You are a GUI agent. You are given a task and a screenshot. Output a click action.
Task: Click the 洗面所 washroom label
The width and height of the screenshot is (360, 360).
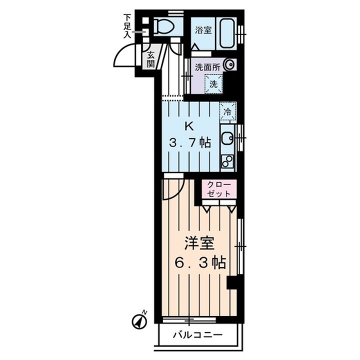pos(207,65)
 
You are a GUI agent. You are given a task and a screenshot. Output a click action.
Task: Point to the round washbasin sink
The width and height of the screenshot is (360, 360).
pos(229,64)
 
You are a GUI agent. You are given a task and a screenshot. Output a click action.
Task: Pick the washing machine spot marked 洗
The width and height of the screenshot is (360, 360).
pos(213,84)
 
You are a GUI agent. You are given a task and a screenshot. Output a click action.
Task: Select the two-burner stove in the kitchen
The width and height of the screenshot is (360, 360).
pos(227,161)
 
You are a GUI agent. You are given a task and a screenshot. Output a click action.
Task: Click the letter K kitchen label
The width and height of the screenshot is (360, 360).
pos(189,125)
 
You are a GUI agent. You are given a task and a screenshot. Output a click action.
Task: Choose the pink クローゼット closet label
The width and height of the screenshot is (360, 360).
pos(218,188)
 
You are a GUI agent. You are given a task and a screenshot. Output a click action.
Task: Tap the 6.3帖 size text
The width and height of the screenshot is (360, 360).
pos(199,262)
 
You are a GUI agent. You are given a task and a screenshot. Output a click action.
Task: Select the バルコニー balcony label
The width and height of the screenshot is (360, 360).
pos(197,334)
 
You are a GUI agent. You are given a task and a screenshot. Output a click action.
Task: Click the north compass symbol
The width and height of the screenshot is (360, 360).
pos(139,321)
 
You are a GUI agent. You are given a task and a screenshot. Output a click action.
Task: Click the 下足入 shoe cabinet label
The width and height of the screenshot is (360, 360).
pos(127,26)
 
